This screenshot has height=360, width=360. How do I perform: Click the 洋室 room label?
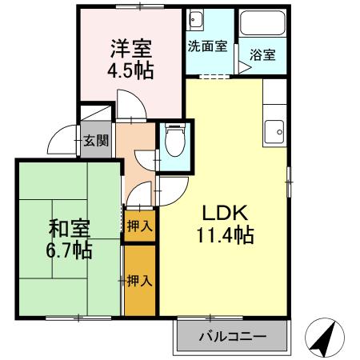pos(131,47)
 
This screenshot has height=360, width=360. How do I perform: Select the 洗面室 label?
pos(207,46)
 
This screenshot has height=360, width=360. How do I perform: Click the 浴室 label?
pos(262,55)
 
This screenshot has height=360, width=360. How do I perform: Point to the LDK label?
pos(226,214)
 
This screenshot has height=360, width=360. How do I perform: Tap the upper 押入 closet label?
pos(140,226)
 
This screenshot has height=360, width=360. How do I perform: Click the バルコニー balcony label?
pos(232,337)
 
